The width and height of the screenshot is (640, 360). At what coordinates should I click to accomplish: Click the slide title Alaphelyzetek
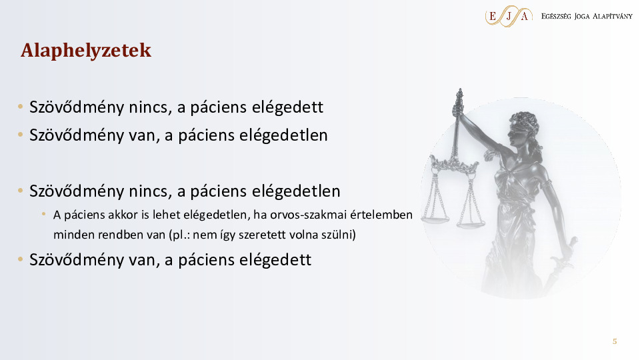(x=86, y=51)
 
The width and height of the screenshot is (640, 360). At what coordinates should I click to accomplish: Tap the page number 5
(x=615, y=341)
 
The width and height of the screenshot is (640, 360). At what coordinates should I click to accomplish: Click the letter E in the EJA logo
(x=493, y=16)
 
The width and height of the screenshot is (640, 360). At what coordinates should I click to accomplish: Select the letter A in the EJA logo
(x=525, y=16)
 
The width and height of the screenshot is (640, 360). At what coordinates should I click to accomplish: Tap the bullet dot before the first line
(x=21, y=107)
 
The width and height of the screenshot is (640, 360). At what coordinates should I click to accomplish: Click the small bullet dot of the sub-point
(x=44, y=213)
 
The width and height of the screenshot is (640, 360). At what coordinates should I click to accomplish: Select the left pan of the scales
(x=435, y=219)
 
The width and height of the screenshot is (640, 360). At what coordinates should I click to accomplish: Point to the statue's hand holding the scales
(x=459, y=109)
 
